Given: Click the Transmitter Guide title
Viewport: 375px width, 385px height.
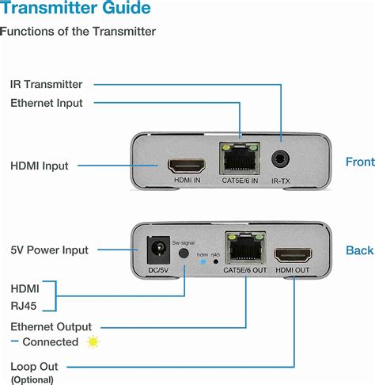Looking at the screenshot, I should tap(75, 10).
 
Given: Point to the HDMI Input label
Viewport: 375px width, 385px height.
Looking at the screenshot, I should tap(39, 166).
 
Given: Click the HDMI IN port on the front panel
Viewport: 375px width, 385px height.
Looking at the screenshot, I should tap(187, 166).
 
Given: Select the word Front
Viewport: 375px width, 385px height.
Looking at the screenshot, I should tap(360, 162).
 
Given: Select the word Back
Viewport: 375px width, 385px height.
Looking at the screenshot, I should tap(359, 250).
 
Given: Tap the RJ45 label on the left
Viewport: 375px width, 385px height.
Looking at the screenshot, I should tap(22, 305).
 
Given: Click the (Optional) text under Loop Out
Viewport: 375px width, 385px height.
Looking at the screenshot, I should tap(32, 379).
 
